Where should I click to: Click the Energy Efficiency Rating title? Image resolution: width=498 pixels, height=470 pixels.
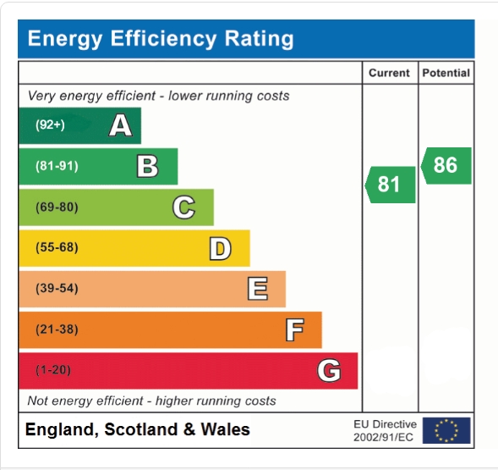click(161, 39)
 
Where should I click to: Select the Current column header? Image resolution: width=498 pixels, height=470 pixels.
click(389, 74)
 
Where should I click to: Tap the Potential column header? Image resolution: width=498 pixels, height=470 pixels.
click(446, 74)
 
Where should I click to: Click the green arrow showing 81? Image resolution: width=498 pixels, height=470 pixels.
click(391, 184)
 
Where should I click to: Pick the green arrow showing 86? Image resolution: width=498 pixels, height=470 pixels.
click(446, 165)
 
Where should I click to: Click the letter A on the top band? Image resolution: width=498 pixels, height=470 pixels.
click(121, 125)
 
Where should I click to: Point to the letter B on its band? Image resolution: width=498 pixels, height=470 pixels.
click(147, 166)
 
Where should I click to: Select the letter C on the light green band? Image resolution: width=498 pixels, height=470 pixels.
click(183, 207)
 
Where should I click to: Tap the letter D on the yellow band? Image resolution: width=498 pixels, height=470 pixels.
click(220, 247)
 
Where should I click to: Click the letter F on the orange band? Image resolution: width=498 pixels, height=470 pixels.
click(294, 329)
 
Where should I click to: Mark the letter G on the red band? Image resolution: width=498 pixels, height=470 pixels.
click(329, 370)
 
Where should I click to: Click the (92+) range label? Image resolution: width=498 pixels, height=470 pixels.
click(50, 125)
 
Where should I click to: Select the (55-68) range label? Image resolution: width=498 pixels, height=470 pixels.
click(57, 247)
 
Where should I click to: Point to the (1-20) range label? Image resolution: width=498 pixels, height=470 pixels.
click(53, 370)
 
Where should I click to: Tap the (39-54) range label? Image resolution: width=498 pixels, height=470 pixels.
click(57, 289)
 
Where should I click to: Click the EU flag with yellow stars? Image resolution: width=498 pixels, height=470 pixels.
click(446, 430)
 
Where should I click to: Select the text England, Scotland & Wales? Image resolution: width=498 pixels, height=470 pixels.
click(138, 430)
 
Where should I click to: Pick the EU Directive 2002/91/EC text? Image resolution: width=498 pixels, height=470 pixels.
click(385, 430)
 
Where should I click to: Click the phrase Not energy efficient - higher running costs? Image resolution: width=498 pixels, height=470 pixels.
click(152, 401)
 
